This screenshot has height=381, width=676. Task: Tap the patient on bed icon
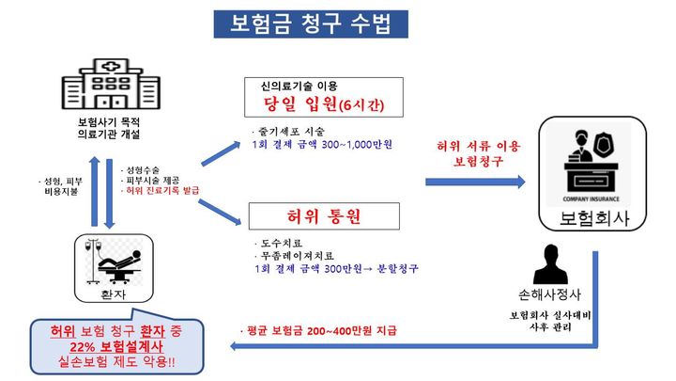pos(114,259)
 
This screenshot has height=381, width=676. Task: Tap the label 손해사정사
pos(550,294)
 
